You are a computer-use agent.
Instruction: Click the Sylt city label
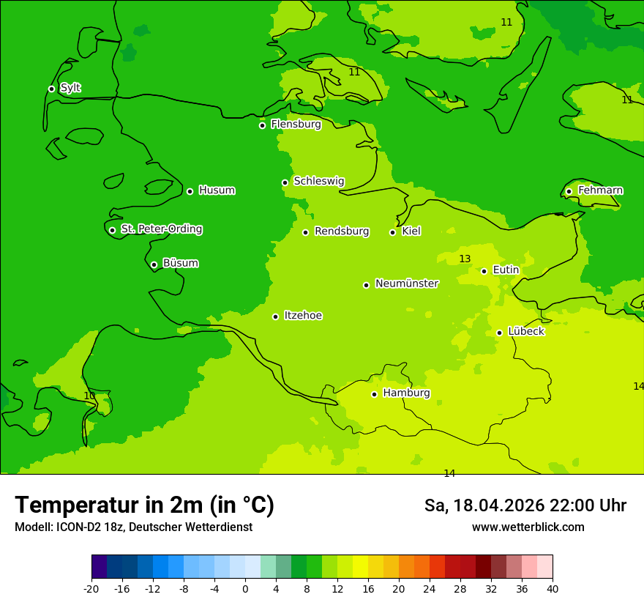[x=70, y=88]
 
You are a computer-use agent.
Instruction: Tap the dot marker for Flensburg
[x=262, y=125]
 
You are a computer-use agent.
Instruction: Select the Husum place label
[x=217, y=190]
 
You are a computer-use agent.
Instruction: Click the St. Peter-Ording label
[x=161, y=229]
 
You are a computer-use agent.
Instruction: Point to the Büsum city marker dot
[x=154, y=264]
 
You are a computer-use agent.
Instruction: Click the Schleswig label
[x=318, y=181]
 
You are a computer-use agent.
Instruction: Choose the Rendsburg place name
[x=342, y=231]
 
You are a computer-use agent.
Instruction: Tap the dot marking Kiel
[x=392, y=232]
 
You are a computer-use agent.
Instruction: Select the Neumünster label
[x=407, y=283]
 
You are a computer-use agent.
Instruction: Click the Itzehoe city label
[x=303, y=316]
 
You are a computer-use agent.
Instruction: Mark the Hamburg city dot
[x=374, y=394]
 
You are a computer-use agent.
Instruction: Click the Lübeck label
[x=525, y=331]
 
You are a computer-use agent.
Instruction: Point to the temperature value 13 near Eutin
[x=465, y=259]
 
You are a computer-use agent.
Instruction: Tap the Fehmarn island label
[x=600, y=190]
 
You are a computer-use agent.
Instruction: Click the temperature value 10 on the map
[x=89, y=396]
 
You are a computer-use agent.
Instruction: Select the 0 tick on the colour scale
[x=245, y=588]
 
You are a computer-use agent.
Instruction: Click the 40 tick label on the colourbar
[x=553, y=588]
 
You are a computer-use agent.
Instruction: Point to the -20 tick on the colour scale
[x=91, y=588]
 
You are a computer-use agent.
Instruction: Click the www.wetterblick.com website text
[x=528, y=527]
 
